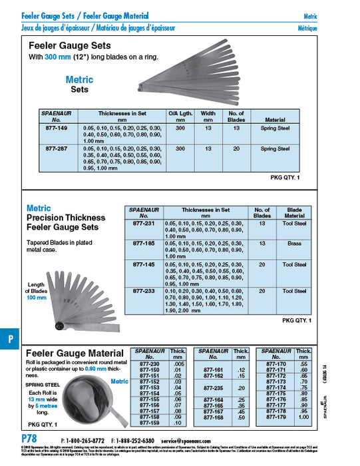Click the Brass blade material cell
294,244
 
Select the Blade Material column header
294,212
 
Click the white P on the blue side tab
10,338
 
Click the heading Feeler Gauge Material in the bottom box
72,351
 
